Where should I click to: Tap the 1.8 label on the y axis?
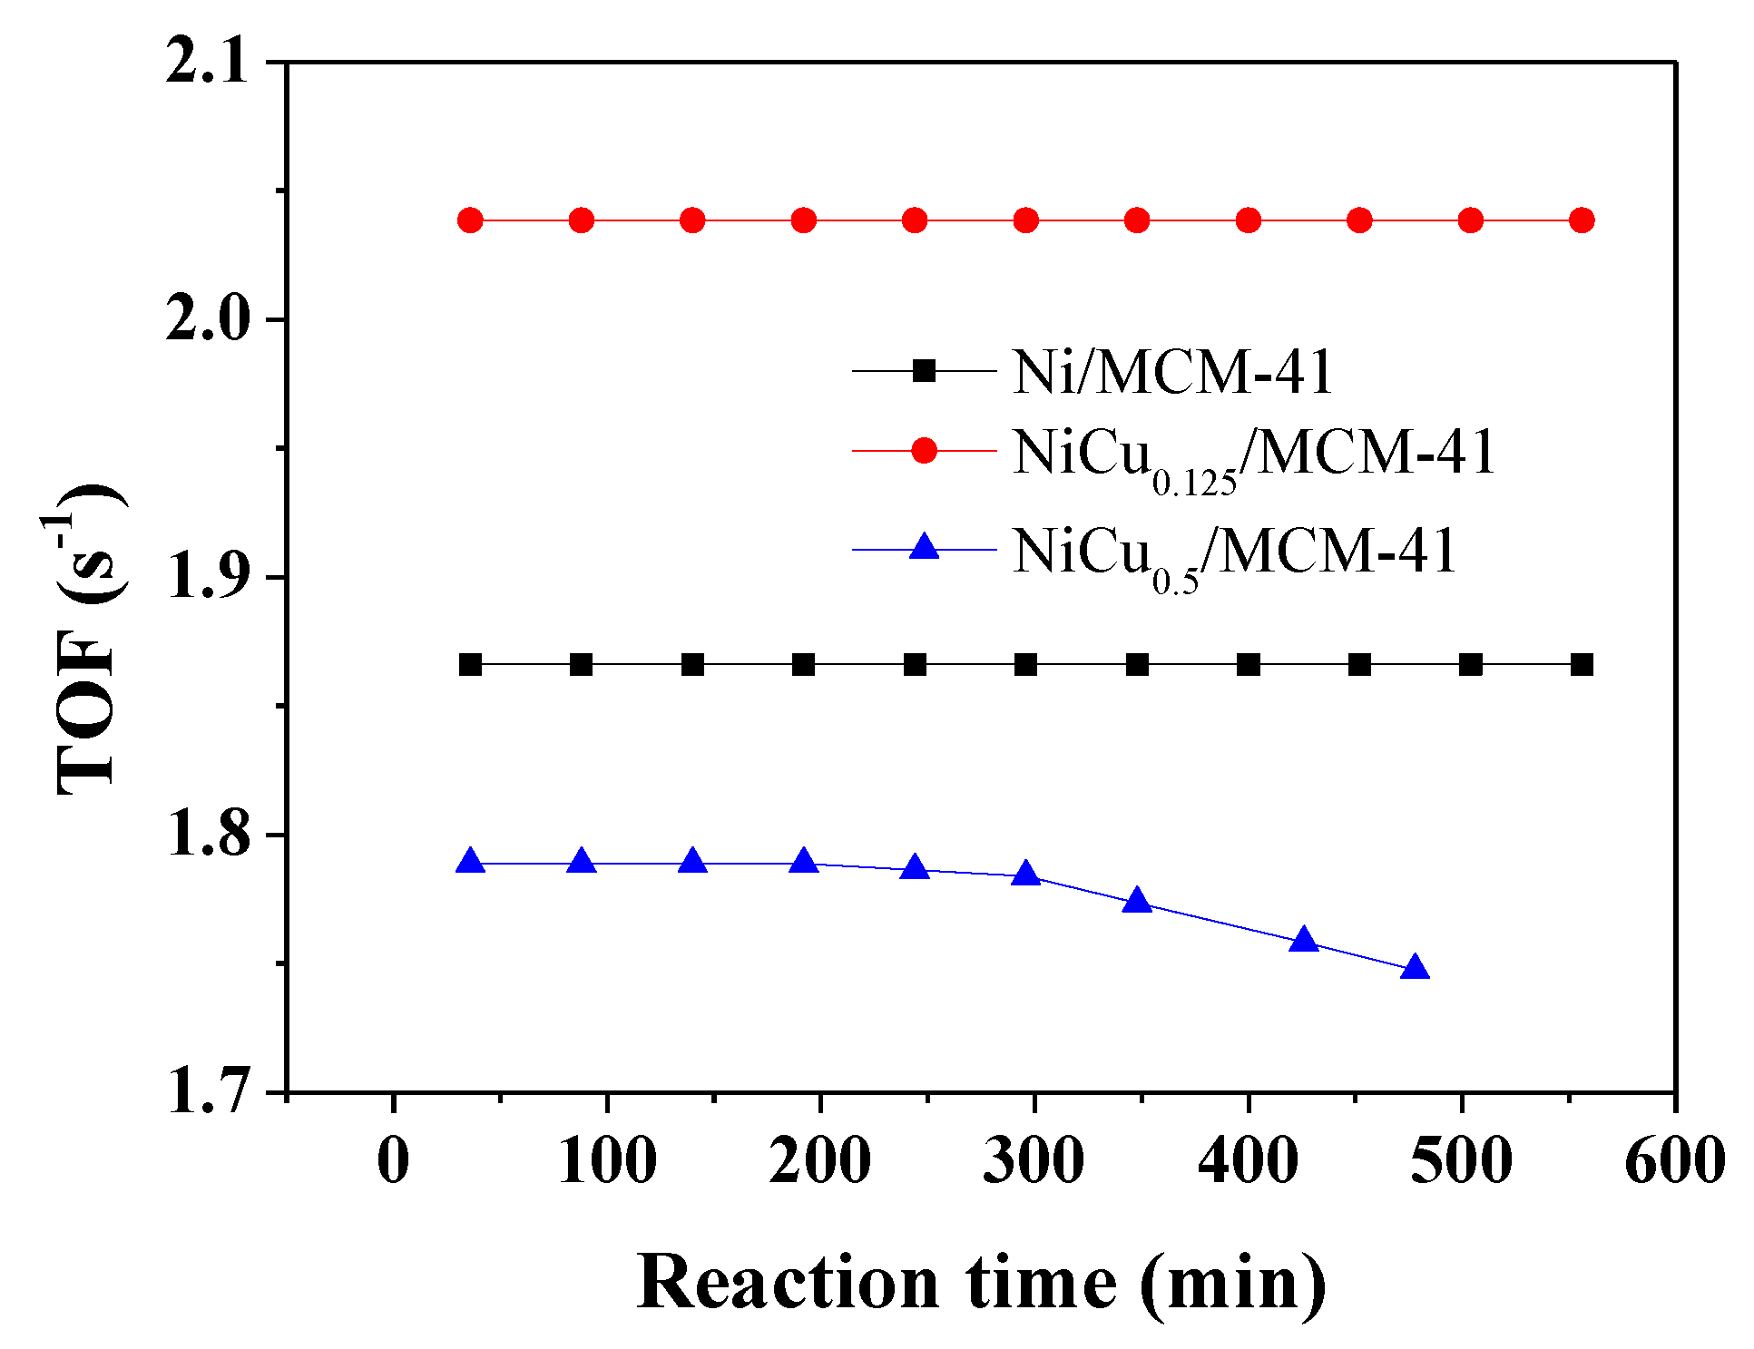(x=206, y=834)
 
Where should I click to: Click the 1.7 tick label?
(x=206, y=1091)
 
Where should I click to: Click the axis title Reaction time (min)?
(x=980, y=1282)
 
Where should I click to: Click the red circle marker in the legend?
(x=924, y=450)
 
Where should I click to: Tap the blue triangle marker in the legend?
(x=924, y=547)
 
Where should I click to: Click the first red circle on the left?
(x=470, y=220)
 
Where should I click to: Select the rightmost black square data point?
(x=1582, y=665)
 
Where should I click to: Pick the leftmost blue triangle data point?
(x=470, y=862)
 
